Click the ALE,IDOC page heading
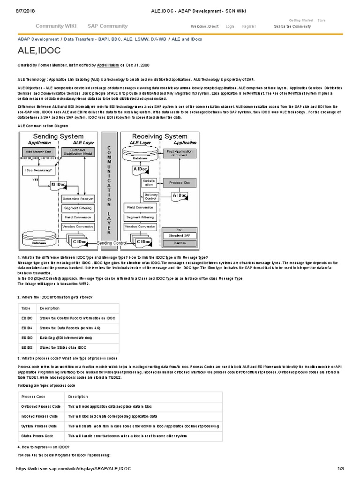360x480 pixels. [x=39, y=51]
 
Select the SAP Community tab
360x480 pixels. [x=107, y=26]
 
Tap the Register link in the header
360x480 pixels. [x=248, y=27]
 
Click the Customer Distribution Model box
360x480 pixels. [x=78, y=152]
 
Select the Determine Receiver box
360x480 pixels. [x=78, y=198]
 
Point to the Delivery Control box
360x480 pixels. [x=151, y=196]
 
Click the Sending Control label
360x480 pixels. [x=112, y=243]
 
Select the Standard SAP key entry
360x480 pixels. [x=180, y=235]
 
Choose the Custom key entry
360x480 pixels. [x=180, y=243]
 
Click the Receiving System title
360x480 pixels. [x=159, y=136]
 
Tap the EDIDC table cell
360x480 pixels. [x=26, y=318]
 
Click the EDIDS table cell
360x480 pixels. [x=26, y=347]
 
